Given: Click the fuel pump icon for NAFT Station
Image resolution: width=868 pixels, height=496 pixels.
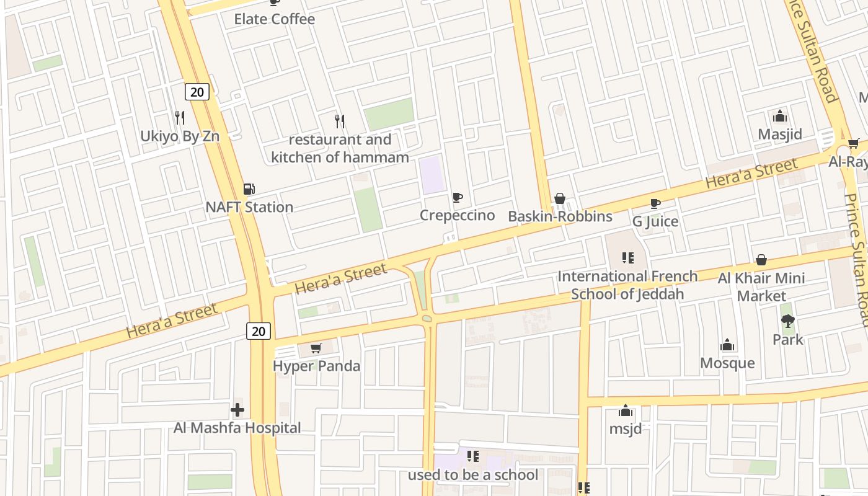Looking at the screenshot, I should (249, 188).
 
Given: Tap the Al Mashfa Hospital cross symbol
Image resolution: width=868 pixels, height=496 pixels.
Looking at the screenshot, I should (237, 410).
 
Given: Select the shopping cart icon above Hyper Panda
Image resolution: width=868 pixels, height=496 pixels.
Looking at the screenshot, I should (316, 348).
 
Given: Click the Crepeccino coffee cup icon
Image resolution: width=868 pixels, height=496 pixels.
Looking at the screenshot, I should (458, 197).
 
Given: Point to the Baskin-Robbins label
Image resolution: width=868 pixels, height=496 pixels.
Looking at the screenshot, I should (560, 216).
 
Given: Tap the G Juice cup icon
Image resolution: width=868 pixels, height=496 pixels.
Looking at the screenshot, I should (655, 203).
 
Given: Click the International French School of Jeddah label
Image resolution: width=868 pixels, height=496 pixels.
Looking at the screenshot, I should (627, 285).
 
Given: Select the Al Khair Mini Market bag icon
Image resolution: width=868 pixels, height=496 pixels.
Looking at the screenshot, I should (761, 260).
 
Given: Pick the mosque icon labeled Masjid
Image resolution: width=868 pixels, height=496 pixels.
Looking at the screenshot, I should (780, 116).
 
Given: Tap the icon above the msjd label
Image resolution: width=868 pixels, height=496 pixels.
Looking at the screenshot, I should (625, 410).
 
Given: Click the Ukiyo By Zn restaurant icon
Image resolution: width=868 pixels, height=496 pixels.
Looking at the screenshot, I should (180, 117).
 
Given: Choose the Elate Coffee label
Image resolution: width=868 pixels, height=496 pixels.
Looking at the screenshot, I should (274, 19).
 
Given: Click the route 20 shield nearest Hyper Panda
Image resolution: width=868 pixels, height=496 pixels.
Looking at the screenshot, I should (259, 331).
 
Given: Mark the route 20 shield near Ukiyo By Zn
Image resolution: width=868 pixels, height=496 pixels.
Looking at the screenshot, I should (197, 92).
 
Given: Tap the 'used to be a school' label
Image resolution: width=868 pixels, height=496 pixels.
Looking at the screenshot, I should (473, 475).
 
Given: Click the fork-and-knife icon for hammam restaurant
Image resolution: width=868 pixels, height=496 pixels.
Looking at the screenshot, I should (340, 120).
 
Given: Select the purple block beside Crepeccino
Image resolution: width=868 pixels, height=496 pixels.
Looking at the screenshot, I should (432, 174).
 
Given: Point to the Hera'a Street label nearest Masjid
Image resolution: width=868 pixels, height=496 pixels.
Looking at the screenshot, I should (751, 174).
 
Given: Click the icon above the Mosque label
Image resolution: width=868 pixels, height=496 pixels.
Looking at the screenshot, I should (727, 345).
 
